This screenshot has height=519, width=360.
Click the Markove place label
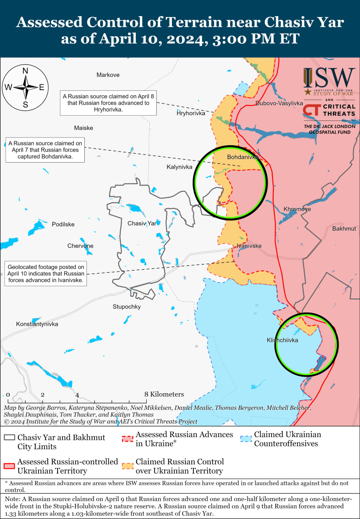pyautogui.click(x=108, y=75)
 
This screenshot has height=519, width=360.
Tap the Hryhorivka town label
pyautogui.click(x=191, y=113)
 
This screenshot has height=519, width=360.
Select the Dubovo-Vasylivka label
pyautogui.click(x=279, y=103)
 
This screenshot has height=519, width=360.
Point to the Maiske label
pyautogui.click(x=84, y=128)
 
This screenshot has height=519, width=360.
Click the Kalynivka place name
pyautogui.click(x=179, y=167)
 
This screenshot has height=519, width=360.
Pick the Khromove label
pyautogui.click(x=297, y=209)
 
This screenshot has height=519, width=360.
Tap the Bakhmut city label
pyautogui.click(x=344, y=229)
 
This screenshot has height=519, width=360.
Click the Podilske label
pyautogui.click(x=63, y=225)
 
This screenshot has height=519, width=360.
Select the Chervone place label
pyautogui.click(x=80, y=246)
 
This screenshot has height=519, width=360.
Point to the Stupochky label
pyautogui.click(x=126, y=307)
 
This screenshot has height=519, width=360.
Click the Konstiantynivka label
pyautogui.click(x=37, y=324)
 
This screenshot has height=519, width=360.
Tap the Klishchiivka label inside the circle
pyautogui.click(x=282, y=340)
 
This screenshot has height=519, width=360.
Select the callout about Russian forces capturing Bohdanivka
pyautogui.click(x=45, y=150)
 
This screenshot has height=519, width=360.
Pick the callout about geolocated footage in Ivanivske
pyautogui.click(x=46, y=274)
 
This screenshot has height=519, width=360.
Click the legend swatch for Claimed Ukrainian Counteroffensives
pyautogui.click(x=246, y=439)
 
